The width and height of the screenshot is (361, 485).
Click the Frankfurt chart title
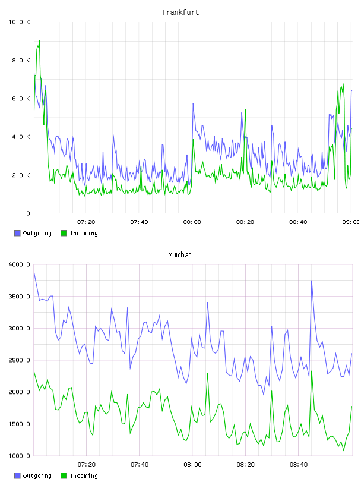click(x=180, y=12)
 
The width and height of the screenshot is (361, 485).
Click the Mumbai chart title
click(x=180, y=255)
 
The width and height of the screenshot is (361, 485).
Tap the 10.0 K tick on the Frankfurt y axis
click(x=19, y=22)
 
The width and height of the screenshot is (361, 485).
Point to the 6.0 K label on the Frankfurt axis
click(x=21, y=99)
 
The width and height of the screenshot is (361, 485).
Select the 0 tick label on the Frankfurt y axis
click(x=28, y=213)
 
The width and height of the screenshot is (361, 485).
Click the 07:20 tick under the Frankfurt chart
click(x=86, y=222)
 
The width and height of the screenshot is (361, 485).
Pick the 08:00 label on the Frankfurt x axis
click(x=192, y=222)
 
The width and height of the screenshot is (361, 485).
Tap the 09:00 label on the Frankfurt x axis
click(x=351, y=222)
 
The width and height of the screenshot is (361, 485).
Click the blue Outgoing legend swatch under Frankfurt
click(x=17, y=233)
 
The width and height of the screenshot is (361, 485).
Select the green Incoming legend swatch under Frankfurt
click(x=64, y=233)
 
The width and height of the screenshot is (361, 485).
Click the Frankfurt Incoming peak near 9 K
click(x=39, y=40)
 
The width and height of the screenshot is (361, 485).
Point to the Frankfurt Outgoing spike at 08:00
click(x=193, y=103)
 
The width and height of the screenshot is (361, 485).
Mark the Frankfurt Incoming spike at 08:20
click(x=245, y=109)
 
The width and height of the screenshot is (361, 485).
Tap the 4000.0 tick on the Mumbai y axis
click(x=19, y=264)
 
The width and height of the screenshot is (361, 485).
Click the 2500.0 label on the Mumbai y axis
click(x=19, y=360)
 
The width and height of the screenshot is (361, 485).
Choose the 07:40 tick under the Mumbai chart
click(x=140, y=465)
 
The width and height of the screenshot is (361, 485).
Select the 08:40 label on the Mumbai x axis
click(x=299, y=465)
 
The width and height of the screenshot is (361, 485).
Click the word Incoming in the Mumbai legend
click(x=84, y=476)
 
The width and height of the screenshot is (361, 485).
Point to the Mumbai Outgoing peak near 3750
click(x=312, y=281)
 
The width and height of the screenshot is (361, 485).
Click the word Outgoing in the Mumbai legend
click(x=37, y=476)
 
